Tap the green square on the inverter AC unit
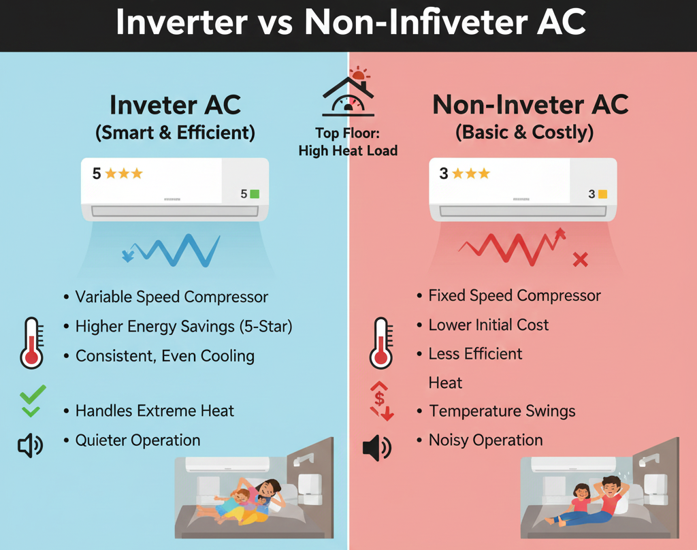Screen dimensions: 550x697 255,194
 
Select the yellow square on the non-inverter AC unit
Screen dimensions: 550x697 602,195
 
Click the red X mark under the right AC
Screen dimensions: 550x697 580,259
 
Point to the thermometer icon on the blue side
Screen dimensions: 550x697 31,342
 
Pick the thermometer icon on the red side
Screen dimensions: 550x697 381,342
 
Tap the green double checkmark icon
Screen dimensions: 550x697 32,401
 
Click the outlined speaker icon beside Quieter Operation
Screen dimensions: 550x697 30,446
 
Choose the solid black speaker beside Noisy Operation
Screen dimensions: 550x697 377,447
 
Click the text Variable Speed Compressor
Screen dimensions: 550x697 172,297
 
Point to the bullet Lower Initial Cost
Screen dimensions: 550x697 488,325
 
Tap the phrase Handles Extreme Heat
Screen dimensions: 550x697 155,411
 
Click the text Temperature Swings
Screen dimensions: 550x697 502,411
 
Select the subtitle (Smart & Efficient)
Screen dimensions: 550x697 176,133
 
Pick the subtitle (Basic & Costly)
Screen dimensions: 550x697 524,133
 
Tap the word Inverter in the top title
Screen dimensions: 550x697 181,24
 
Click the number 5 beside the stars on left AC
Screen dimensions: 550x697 97,174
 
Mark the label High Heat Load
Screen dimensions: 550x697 348,150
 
